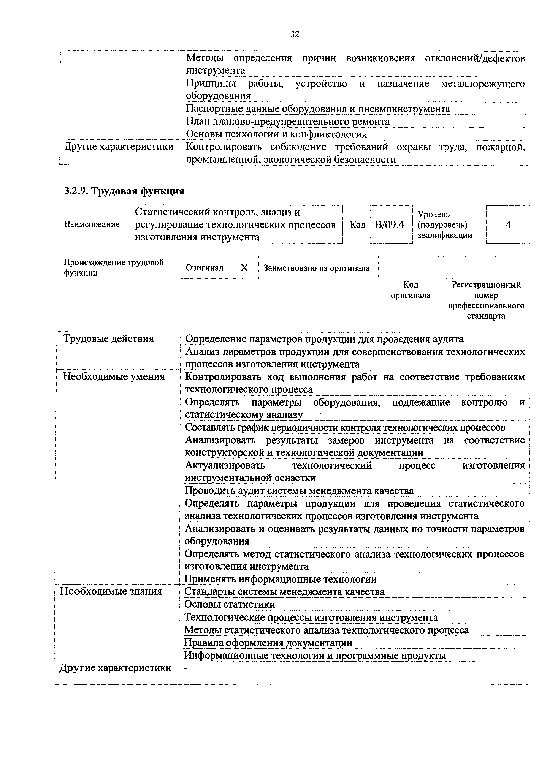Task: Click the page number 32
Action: pyautogui.click(x=295, y=34)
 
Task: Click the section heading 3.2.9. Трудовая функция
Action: pyautogui.click(x=124, y=191)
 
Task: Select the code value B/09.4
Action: pyautogui.click(x=390, y=225)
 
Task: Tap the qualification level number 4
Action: pyautogui.click(x=508, y=225)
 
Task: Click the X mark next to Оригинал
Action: pyautogui.click(x=244, y=268)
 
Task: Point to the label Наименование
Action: pyautogui.click(x=92, y=224)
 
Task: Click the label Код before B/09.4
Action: pyautogui.click(x=357, y=225)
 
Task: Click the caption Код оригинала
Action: pyautogui.click(x=411, y=290)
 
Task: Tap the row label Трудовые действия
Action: pyautogui.click(x=109, y=339)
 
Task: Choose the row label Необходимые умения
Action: pyautogui.click(x=114, y=377)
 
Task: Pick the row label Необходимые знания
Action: pyautogui.click(x=111, y=591)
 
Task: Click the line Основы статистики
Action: pyautogui.click(x=230, y=604)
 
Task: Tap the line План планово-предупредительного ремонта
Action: pyautogui.click(x=288, y=122)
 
